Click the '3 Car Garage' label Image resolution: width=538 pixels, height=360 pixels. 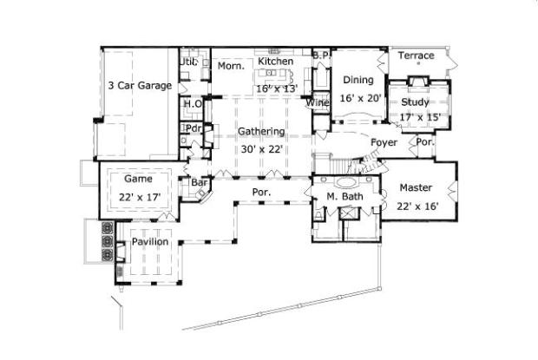[139, 86]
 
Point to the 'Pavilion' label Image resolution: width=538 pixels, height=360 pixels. [149, 242]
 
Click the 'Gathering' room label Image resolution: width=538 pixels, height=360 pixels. [261, 132]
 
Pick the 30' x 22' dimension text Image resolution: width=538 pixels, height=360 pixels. [261, 148]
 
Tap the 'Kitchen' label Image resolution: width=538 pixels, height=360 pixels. [275, 62]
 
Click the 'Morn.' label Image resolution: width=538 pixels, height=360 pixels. [230, 66]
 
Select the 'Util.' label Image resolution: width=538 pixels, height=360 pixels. [188, 62]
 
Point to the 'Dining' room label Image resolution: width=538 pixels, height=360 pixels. [358, 81]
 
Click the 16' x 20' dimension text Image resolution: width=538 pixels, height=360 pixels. [360, 98]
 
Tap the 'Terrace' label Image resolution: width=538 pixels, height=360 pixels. [416, 56]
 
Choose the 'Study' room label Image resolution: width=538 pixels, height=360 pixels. [415, 102]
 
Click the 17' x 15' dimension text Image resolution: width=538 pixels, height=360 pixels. [420, 117]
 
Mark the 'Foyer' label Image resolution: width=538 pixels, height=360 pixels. [384, 141]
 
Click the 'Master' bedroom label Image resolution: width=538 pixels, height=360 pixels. [416, 187]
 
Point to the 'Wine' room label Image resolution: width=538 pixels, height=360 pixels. [318, 103]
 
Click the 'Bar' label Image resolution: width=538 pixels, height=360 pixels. [198, 183]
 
